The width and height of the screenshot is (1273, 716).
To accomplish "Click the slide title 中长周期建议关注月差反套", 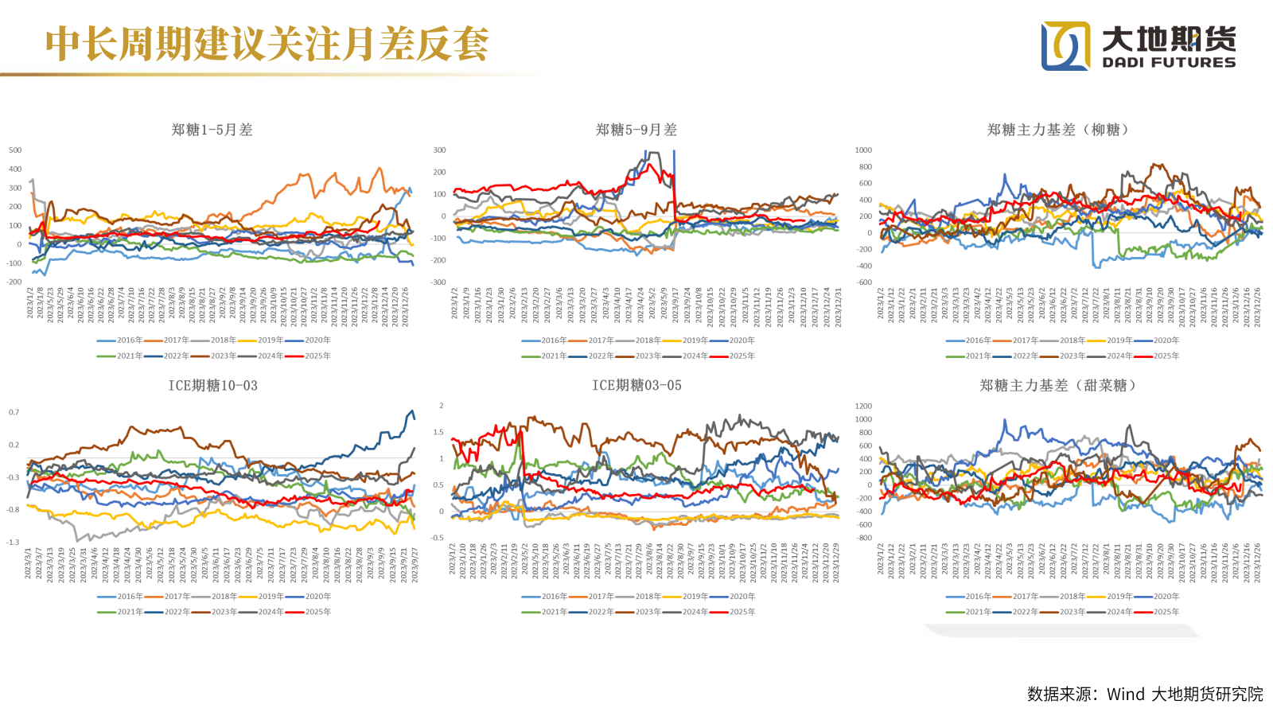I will click(x=267, y=44).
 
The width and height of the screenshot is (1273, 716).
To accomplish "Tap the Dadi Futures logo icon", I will click(x=1066, y=46).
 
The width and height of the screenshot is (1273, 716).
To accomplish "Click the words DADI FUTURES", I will click(x=1169, y=62).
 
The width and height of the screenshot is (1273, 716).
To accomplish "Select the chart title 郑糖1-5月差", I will click(x=212, y=130).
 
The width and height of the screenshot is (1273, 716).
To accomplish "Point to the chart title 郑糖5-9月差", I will click(x=636, y=130).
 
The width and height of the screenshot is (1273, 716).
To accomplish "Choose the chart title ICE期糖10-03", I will click(x=212, y=386).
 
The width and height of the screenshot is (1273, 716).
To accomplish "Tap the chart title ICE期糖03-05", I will click(x=636, y=386).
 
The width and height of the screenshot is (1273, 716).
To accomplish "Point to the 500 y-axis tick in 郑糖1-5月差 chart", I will click(x=15, y=150).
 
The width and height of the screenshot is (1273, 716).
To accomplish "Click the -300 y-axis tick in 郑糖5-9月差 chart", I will click(x=439, y=282).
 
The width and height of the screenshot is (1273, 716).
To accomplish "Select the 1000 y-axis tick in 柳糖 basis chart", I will click(x=863, y=150).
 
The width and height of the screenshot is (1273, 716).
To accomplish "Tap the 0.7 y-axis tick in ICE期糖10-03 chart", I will click(x=14, y=412).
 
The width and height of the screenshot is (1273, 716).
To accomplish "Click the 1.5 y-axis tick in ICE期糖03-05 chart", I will click(x=438, y=432).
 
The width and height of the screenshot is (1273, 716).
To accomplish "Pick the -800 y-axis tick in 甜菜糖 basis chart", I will click(x=864, y=538).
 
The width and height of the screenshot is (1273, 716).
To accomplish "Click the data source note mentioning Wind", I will click(x=1144, y=695).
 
